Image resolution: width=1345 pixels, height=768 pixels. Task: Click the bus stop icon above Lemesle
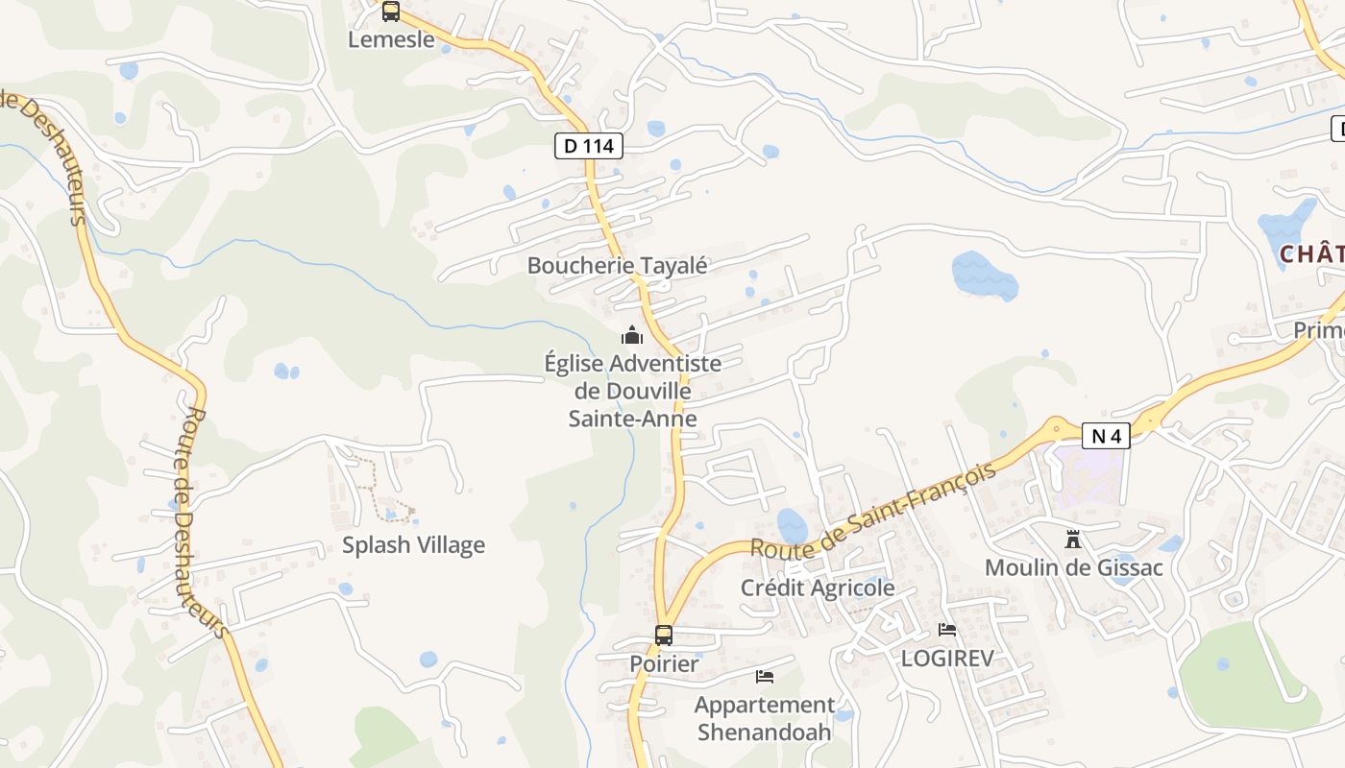tap(390, 12)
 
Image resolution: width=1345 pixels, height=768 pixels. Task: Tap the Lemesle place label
tap(391, 40)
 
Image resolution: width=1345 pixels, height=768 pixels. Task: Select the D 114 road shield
tap(589, 146)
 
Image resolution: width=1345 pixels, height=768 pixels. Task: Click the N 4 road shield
tap(1106, 436)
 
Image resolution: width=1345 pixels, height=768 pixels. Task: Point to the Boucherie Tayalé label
tap(617, 266)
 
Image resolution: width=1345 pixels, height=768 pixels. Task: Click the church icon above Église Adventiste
tap(631, 335)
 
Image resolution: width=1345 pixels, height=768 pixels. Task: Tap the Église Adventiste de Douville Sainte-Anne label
tap(632, 391)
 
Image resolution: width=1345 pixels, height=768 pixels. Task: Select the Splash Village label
tap(413, 545)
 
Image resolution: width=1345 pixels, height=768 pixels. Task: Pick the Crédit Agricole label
tap(818, 588)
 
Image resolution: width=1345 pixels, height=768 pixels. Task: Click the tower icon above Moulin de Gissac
tap(1073, 540)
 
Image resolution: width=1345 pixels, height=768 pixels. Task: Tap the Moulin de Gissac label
tap(1073, 567)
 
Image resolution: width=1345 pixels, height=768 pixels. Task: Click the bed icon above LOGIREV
tap(947, 630)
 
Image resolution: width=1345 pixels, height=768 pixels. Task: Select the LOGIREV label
tap(946, 658)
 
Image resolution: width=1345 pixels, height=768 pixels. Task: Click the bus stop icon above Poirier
tap(664, 635)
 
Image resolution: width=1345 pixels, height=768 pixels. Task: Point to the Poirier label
tap(664, 663)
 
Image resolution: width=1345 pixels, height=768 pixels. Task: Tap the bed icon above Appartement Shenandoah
tap(765, 677)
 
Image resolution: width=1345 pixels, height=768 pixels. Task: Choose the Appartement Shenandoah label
tap(765, 718)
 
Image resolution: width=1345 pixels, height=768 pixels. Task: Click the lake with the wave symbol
tap(984, 275)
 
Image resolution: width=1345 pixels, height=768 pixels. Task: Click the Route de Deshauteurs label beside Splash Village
tap(205, 523)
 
